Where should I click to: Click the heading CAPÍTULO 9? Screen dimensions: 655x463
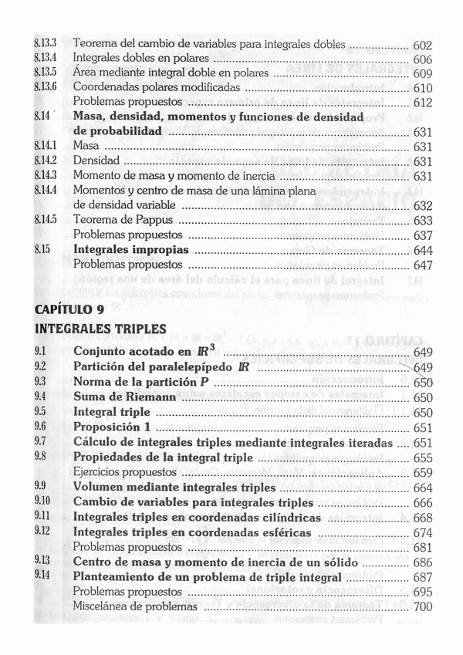tap(69, 309)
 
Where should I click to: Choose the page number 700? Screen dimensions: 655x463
tap(422, 607)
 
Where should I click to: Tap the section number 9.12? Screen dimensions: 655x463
tap(42, 532)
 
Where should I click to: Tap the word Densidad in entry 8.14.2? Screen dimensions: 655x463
tap(96, 161)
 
